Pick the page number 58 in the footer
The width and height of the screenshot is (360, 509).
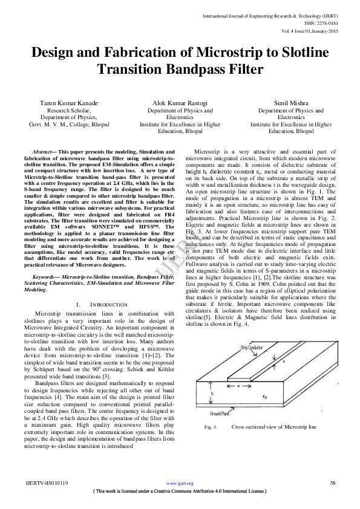pyautogui.click(x=332, y=483)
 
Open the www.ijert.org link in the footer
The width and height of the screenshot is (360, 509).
pyautogui.click(x=180, y=484)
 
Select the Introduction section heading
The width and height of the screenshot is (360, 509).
pyautogui.click(x=103, y=304)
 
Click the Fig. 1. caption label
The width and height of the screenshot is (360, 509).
pyautogui.click(x=211, y=426)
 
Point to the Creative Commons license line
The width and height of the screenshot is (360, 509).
pyautogui.click(x=180, y=491)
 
